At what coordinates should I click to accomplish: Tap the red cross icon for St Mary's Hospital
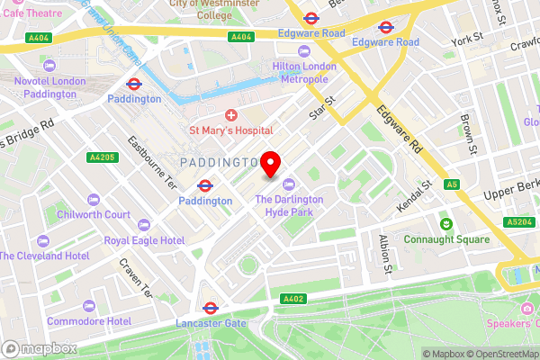point(231,115)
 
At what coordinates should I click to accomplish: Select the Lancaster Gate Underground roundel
point(209,308)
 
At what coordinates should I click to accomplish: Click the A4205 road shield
point(102,157)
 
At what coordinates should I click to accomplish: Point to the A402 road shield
point(292,299)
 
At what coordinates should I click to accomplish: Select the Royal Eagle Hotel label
point(144,240)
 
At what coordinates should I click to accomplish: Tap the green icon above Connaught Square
point(444,223)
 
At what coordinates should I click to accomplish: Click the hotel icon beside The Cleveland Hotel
point(42,240)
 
